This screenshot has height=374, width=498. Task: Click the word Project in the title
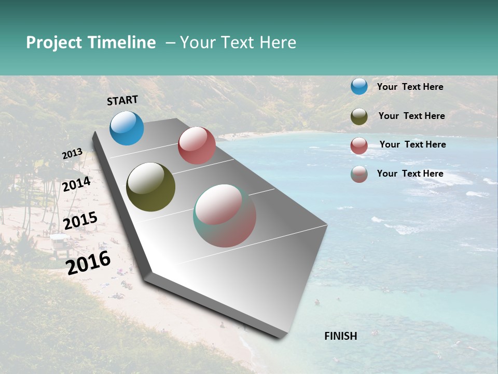[x=54, y=43]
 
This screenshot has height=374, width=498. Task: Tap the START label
[x=122, y=100]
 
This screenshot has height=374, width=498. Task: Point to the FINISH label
[x=341, y=336]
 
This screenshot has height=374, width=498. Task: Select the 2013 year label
[x=73, y=154]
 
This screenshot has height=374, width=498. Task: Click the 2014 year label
[x=77, y=184]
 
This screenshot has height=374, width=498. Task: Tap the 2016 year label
[x=89, y=262]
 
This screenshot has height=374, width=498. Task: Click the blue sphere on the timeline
[x=127, y=128]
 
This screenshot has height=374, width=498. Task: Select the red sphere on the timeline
[x=197, y=145]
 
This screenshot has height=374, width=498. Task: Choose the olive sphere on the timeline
[x=150, y=187]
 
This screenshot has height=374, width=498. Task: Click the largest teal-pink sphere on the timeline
[x=225, y=216]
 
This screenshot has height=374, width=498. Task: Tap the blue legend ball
[x=359, y=87]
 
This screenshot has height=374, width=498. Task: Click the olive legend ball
[x=359, y=116]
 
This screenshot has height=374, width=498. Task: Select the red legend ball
[x=359, y=145]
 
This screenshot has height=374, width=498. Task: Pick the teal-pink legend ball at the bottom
[x=359, y=174]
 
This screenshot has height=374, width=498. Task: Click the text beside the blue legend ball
[x=410, y=87]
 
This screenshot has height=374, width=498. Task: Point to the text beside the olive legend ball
[x=411, y=116]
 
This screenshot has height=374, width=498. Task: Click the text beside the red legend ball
[x=412, y=144]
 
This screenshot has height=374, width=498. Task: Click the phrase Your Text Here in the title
[x=238, y=43]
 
